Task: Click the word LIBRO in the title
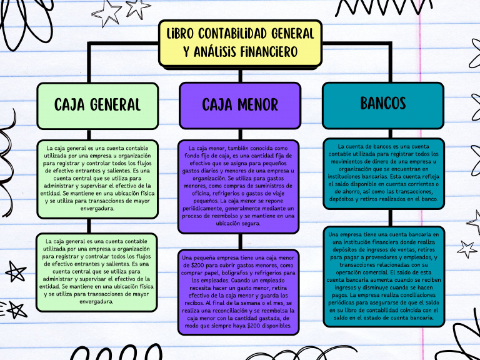[178, 32]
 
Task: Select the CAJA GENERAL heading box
[97, 104]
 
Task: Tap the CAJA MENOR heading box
[240, 104]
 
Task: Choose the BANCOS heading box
[383, 103]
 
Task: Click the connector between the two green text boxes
[97, 226]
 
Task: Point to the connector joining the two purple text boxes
[240, 241]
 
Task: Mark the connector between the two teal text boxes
[383, 217]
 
